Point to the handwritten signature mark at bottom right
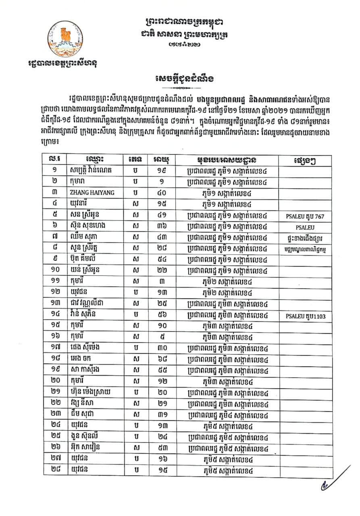tap(333, 480)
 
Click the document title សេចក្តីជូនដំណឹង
tap(179, 77)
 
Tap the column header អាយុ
tap(161, 159)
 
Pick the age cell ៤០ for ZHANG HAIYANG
tap(161, 193)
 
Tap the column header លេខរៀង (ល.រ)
tap(55, 159)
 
